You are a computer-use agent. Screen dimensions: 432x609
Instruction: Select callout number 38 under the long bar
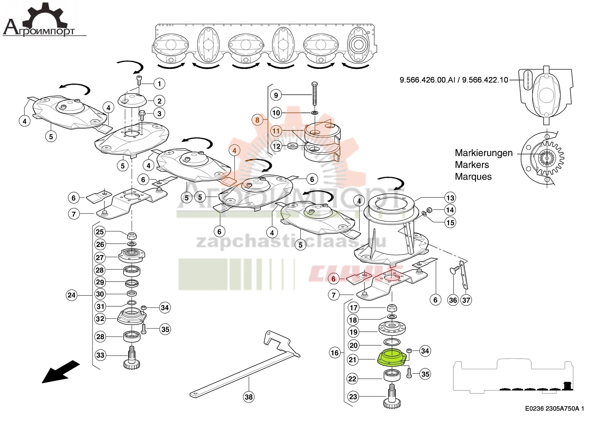[249, 397]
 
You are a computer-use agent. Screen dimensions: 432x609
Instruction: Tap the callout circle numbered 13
[450, 198]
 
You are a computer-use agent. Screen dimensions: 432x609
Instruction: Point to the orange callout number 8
[257, 120]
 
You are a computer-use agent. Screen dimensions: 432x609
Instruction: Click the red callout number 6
[333, 279]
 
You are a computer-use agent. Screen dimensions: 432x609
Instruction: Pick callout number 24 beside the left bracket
[72, 295]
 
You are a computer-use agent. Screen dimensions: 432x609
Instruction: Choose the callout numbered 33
[100, 355]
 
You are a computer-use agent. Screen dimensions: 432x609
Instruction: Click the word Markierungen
[483, 153]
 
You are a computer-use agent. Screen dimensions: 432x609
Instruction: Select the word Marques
[473, 177]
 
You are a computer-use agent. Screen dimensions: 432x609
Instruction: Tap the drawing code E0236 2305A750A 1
[554, 409]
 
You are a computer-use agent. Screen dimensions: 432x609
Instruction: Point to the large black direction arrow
[60, 372]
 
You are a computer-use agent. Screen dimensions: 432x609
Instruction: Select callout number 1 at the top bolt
[159, 84]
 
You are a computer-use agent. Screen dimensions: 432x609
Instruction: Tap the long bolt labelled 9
[314, 94]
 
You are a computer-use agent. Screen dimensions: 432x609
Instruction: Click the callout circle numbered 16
[335, 353]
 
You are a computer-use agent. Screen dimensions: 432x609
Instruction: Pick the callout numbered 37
[466, 300]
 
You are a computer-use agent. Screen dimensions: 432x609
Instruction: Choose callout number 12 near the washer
[277, 146]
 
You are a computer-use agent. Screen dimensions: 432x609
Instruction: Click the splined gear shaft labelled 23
[392, 397]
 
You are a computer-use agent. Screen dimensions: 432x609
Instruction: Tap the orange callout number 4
[234, 150]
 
